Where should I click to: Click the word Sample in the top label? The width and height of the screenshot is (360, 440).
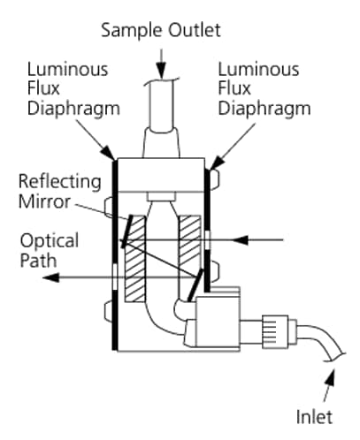(131, 31)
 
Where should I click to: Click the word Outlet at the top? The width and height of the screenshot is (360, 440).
(195, 30)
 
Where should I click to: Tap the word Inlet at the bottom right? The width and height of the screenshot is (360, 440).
(314, 417)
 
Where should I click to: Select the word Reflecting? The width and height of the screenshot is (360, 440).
(60, 182)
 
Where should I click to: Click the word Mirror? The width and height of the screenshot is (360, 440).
(44, 201)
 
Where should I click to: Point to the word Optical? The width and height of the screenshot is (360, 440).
(50, 241)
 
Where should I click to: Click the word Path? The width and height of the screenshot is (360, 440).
(38, 261)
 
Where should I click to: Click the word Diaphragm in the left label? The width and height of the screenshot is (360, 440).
(73, 110)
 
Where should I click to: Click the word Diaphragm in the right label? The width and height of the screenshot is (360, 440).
(264, 110)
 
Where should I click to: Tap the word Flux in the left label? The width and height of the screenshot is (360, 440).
(43, 88)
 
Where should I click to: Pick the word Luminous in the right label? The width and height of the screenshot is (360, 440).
(258, 69)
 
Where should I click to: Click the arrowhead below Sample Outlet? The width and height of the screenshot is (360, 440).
(161, 70)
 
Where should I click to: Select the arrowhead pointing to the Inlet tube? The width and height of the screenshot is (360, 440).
(331, 377)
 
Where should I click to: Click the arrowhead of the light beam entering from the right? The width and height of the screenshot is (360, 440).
(240, 240)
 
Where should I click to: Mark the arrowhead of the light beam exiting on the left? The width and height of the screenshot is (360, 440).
(50, 277)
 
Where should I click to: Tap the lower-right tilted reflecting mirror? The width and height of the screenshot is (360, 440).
(195, 285)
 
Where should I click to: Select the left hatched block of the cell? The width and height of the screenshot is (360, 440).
(134, 259)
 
